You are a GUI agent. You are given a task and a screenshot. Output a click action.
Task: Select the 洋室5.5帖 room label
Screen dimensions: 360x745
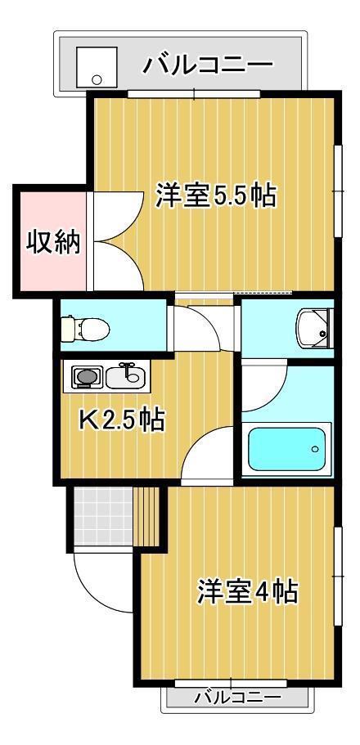click(216, 195)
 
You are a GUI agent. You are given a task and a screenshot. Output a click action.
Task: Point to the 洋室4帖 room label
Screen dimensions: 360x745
click(248, 591)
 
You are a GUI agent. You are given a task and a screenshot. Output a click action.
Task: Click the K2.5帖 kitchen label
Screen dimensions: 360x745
click(122, 420)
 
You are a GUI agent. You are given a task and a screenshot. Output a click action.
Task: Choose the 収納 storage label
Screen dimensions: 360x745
click(53, 242)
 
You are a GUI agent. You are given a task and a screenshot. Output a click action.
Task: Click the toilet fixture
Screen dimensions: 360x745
click(86, 327)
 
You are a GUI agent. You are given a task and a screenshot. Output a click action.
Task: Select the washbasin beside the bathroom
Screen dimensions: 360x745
click(312, 328)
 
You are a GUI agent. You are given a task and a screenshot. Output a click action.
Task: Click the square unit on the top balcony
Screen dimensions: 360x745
click(97, 66)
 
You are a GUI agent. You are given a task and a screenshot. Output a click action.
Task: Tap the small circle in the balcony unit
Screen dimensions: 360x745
click(97, 79)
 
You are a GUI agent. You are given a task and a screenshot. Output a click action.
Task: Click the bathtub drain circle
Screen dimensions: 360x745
click(314, 448)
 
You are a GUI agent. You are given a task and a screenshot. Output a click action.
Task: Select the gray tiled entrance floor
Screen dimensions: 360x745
click(103, 516)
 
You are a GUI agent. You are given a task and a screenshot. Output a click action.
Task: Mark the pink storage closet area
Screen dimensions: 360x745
click(53, 242)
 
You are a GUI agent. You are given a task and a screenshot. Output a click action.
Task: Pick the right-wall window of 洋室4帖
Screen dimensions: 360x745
click(338, 576)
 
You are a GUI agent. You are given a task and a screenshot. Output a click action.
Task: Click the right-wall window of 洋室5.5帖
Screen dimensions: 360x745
click(338, 191)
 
